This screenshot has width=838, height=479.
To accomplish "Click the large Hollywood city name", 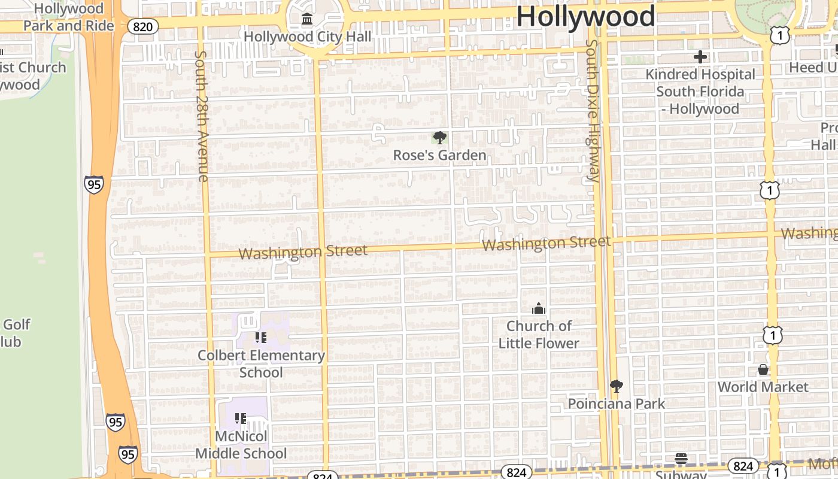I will [585, 16].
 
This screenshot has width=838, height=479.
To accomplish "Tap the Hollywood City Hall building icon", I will [307, 20].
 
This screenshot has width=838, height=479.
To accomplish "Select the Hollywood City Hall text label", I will [307, 37].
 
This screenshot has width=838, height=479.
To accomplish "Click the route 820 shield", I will [143, 26].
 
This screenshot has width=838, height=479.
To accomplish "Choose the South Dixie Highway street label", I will [592, 111].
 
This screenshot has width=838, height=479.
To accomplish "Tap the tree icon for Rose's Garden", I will [439, 138].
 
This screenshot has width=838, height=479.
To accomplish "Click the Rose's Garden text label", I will [439, 156].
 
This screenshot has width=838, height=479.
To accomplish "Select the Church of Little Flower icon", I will [539, 308].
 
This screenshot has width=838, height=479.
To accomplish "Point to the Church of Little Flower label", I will [539, 335].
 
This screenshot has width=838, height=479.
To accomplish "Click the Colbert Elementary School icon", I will [260, 338].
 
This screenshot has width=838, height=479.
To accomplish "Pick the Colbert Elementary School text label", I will [261, 363].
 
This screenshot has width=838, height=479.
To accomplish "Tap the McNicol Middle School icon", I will [241, 418].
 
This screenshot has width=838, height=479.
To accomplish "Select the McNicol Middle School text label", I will [241, 445].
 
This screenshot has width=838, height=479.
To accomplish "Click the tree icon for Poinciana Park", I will [616, 386].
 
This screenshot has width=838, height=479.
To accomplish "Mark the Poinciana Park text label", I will [616, 404].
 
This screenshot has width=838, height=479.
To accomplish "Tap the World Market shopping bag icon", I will [763, 369].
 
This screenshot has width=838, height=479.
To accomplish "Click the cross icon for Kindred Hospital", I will [700, 57].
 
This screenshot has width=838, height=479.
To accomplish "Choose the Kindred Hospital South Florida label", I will [700, 92].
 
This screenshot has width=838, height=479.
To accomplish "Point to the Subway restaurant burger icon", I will [681, 459].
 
